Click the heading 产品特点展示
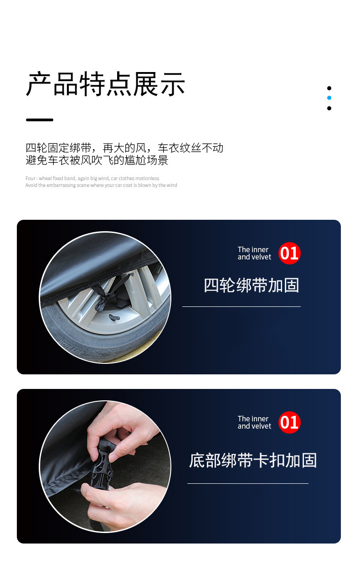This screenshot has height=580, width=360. pos(105,84)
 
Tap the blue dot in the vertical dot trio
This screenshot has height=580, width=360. pos(329,98)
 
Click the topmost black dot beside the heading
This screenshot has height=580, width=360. pos(329,88)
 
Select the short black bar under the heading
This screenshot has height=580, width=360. pos(40,120)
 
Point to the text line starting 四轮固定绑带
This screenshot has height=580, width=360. pos(124,148)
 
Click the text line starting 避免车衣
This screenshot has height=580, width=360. pos(97,160)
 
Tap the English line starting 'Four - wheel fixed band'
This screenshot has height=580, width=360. pos(92,178)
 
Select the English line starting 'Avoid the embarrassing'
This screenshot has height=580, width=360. pos(101,185)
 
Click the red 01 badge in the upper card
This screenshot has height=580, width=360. pos(289,253)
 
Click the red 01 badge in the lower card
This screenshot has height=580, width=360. pos(289,422)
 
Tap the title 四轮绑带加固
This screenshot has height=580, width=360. pos(251,285)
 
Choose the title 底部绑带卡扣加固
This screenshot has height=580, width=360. pos(253,460)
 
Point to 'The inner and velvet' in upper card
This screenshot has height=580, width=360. pos(254,253)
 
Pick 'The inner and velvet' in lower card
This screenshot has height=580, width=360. pos(254,422)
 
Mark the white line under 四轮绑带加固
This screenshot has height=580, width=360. pos(241,307)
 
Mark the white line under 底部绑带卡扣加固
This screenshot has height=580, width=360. pos(247,483)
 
